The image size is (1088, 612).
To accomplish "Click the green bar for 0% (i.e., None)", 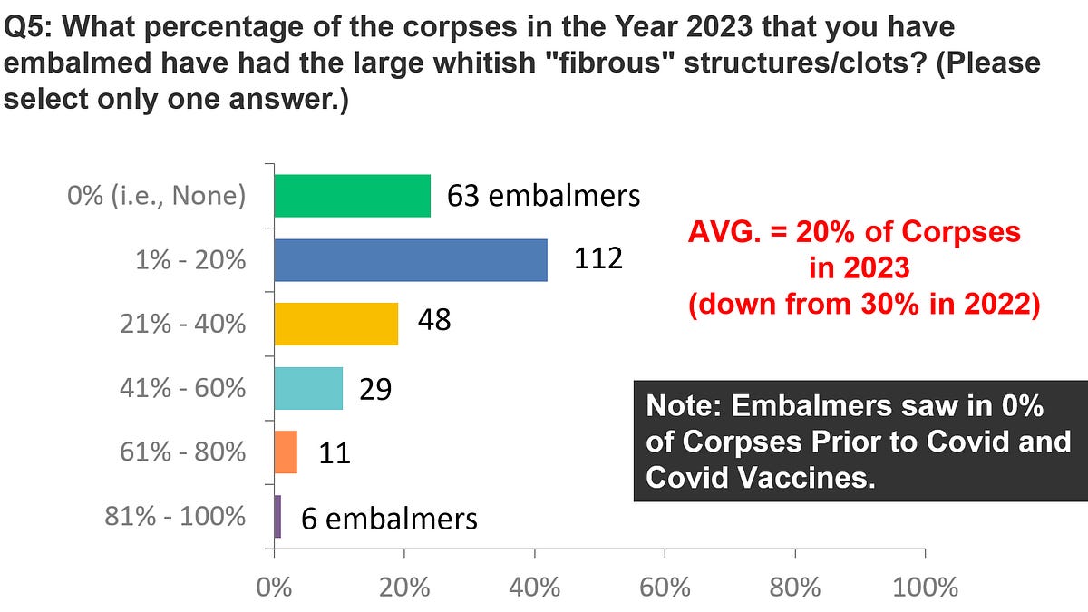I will coord(352,196).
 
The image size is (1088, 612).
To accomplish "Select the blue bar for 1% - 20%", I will coord(410,260).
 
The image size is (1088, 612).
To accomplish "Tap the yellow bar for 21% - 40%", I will coord(335,324).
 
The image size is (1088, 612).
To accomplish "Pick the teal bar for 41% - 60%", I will coord(308,388).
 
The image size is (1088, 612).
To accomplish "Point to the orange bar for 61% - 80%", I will coord(286,452).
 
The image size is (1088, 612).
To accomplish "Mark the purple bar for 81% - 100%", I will coord(277,516).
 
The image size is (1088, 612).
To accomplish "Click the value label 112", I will coord(598,259).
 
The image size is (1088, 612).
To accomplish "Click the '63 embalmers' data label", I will coord(543,196).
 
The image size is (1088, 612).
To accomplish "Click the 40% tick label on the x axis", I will coord(534,588).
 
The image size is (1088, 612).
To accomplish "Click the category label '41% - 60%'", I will coord(182,388).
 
